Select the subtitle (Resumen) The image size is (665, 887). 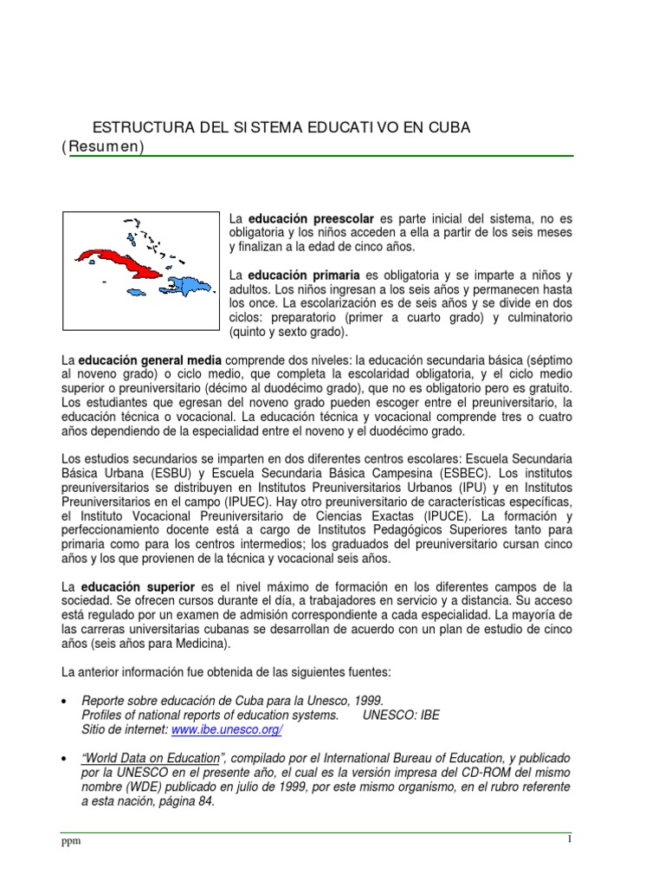102,146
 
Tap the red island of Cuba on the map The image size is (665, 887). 118,258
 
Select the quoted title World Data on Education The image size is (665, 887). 151,758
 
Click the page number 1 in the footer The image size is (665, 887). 570,839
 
